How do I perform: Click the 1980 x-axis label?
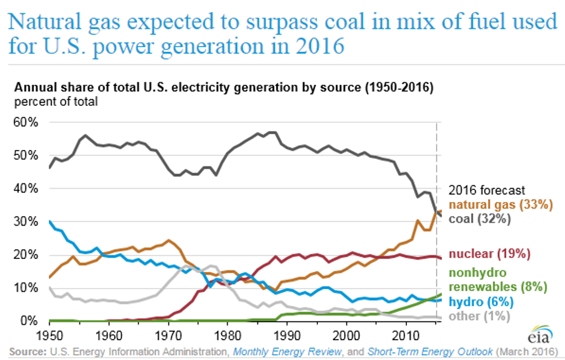click(x=228, y=334)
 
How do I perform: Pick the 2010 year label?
click(x=406, y=334)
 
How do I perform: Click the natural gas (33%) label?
click(x=500, y=205)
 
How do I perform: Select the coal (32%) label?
click(x=480, y=219)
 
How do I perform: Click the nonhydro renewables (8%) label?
click(x=498, y=278)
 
